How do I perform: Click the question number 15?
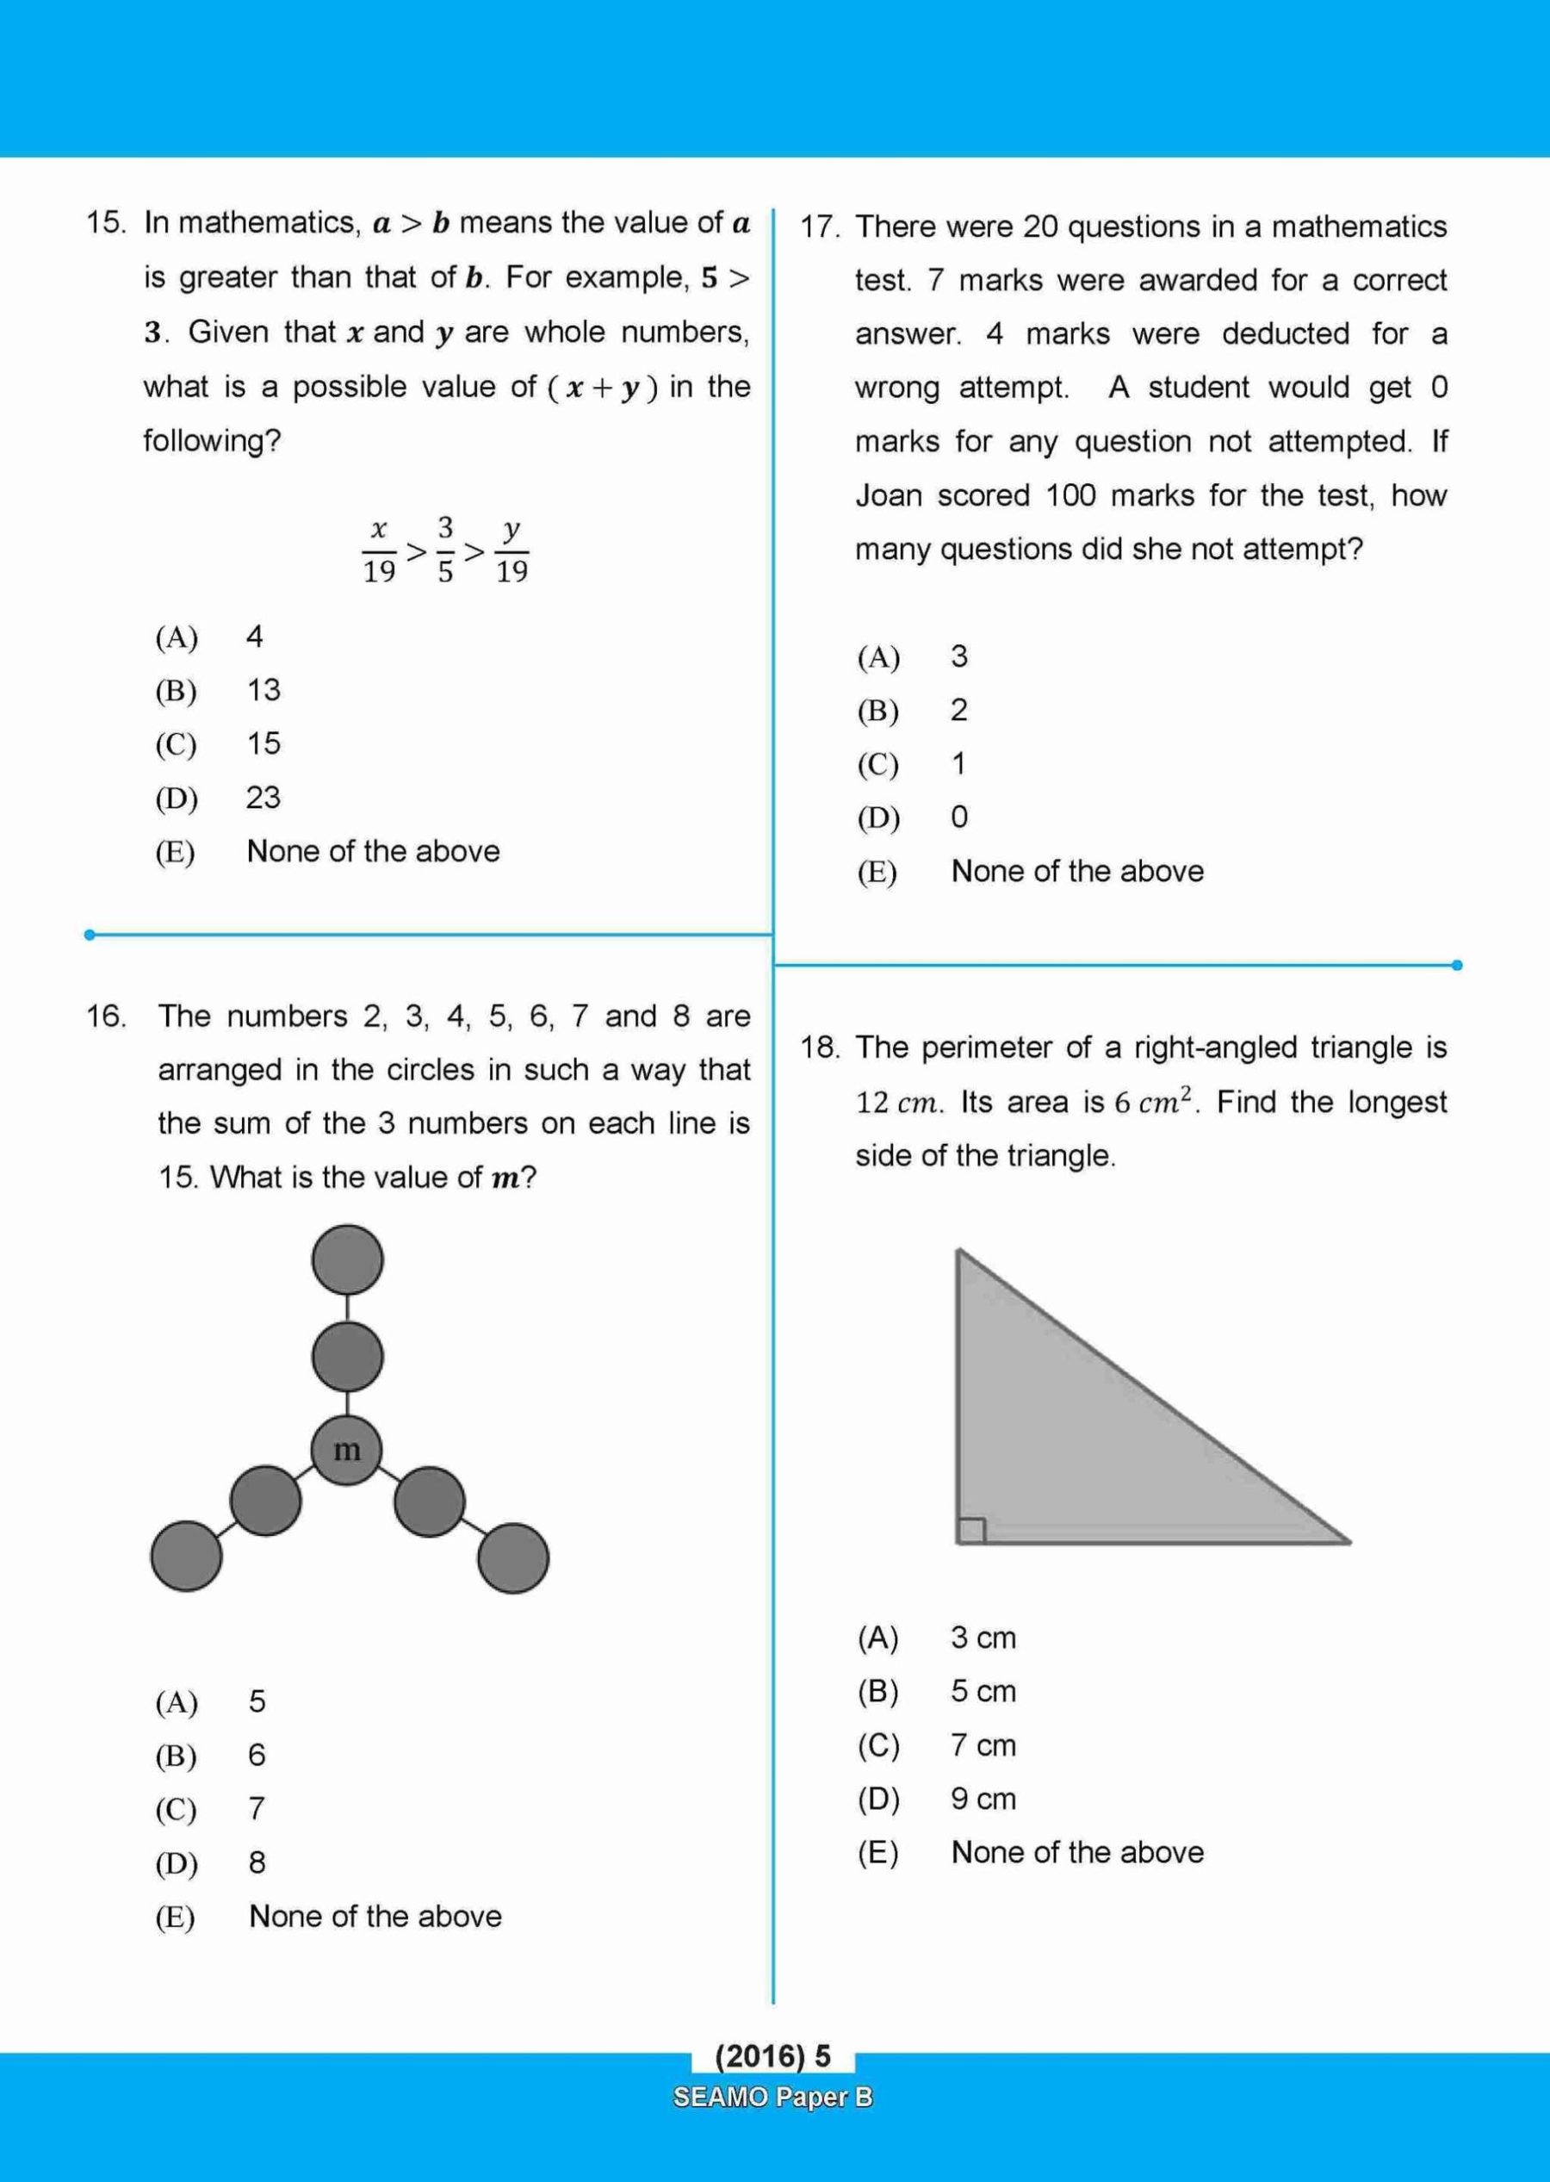click(x=105, y=223)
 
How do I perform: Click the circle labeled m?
click(x=347, y=1451)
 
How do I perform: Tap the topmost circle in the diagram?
click(x=347, y=1260)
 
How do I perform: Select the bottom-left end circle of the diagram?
click(x=187, y=1556)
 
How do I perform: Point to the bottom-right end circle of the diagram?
click(x=513, y=1557)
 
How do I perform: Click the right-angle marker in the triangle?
click(x=970, y=1530)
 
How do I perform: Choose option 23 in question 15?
click(x=263, y=797)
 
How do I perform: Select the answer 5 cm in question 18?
click(x=983, y=1691)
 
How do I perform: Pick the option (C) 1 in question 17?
click(x=958, y=763)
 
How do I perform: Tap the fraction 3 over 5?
click(x=446, y=550)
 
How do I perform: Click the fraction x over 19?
click(x=379, y=550)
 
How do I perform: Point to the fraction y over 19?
click(x=512, y=550)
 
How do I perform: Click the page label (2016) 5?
click(x=773, y=2055)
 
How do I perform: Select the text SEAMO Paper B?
click(x=773, y=2097)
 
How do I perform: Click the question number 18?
click(x=820, y=1048)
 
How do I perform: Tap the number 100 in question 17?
click(x=1069, y=495)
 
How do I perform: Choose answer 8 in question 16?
click(x=257, y=1862)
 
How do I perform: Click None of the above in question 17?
click(x=1076, y=871)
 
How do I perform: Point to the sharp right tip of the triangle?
click(x=1347, y=1539)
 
